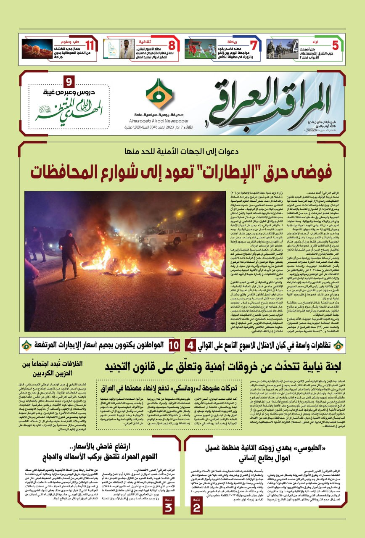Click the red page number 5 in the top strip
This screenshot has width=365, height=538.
click(335, 45)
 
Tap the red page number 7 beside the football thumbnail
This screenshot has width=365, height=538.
click(253, 45)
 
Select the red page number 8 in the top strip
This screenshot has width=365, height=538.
click(172, 45)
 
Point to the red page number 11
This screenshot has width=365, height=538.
click(90, 45)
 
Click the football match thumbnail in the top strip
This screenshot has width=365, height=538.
click(200, 49)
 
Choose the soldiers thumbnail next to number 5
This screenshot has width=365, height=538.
click(282, 49)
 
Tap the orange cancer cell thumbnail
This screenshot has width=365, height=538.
click(37, 49)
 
